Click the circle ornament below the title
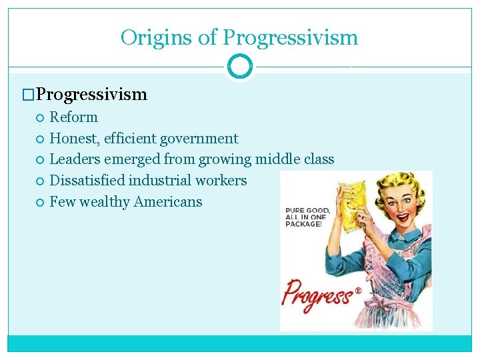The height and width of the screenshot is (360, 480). (240, 67)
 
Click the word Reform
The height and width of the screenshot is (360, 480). (74, 117)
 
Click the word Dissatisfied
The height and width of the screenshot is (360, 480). (87, 181)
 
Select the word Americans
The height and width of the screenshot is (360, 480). (169, 202)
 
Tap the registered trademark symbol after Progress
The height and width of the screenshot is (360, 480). (357, 291)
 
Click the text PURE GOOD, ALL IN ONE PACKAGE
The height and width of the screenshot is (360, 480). (304, 217)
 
